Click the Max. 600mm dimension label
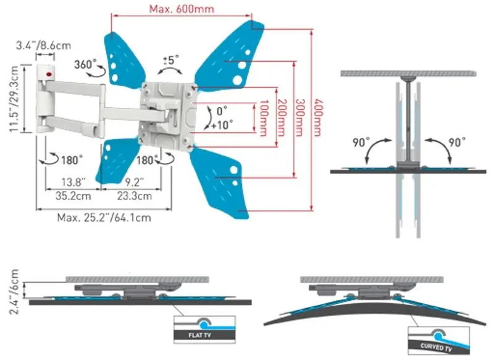click(182, 9)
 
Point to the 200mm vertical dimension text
click(282, 115)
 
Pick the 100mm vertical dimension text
click(264, 115)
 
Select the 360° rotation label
click(86, 64)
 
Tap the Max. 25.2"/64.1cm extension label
click(104, 217)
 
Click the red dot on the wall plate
click(48, 77)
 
